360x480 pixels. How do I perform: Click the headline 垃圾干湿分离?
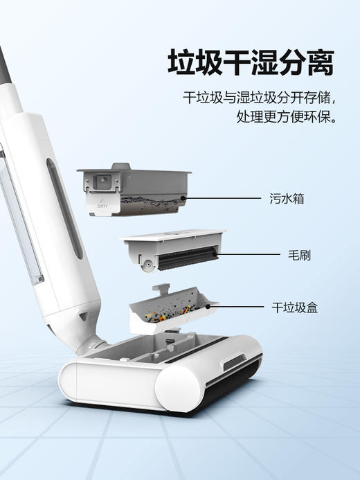(251, 63)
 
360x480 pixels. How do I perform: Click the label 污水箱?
(287, 199)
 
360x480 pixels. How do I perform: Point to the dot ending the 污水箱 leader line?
(183, 199)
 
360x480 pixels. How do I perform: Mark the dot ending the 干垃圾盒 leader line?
(208, 305)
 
